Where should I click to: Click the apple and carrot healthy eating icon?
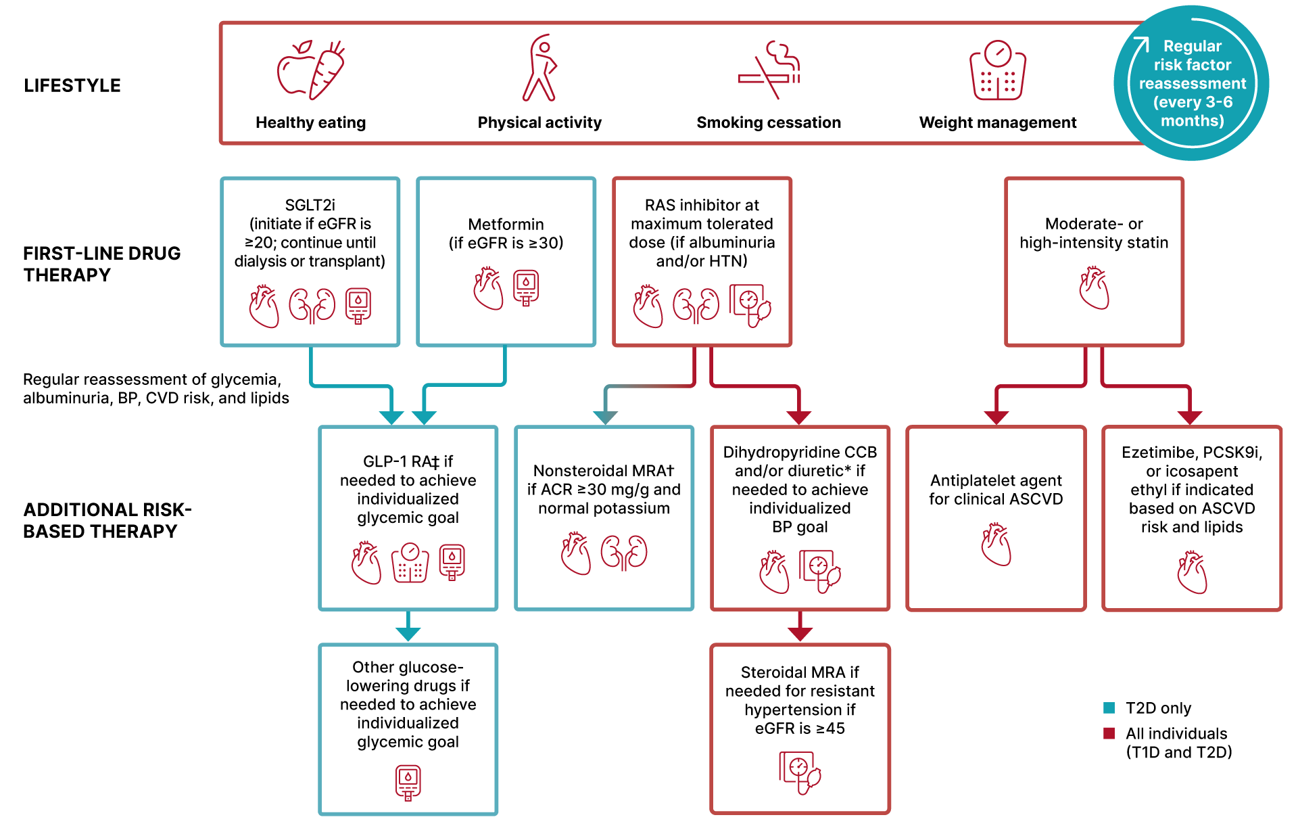pos(311,70)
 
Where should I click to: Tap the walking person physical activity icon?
pos(539,68)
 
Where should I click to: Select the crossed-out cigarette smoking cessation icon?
pos(769,70)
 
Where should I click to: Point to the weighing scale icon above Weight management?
pos(998,70)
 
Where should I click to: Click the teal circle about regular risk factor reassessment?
pos(1191,83)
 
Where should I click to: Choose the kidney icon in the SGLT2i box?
pos(312,305)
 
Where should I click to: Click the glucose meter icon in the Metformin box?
pos(526,288)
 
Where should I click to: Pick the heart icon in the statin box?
pos(1095,288)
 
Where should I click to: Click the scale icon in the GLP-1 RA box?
pos(410,563)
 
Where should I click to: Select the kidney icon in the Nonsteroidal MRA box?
pos(624,552)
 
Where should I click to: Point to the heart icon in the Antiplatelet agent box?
pos(996,545)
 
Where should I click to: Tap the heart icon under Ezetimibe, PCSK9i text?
pos(1192,572)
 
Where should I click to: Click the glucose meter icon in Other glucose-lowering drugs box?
pos(408,783)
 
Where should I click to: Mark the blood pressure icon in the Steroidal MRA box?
pos(800,772)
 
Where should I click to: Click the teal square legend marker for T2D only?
pos(1109,708)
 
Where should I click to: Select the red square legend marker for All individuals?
pos(1109,733)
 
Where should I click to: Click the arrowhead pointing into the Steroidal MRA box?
pos(800,634)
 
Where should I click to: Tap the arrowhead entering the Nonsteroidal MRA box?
pos(605,417)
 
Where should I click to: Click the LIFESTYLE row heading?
pos(72,86)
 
